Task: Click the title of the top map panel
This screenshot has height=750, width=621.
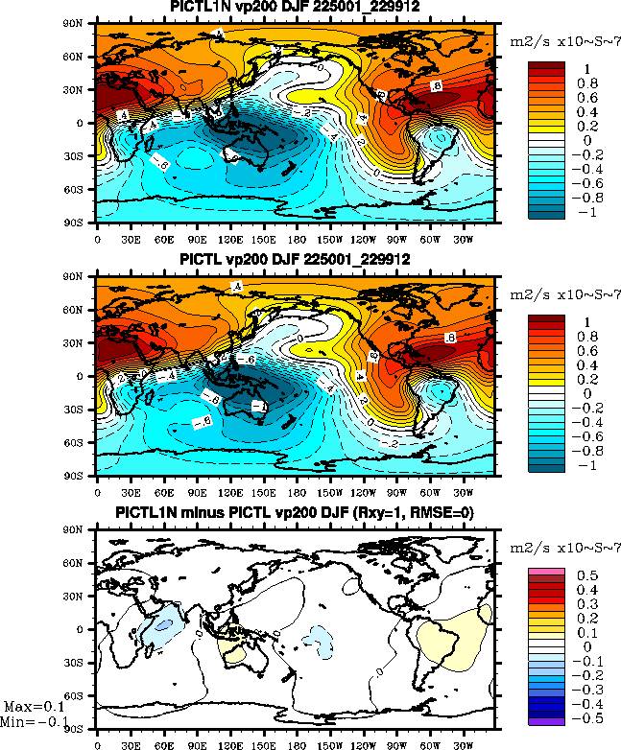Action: click(296, 9)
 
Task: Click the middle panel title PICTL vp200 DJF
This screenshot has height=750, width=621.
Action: click(296, 260)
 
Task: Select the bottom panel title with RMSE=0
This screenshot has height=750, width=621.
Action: click(296, 513)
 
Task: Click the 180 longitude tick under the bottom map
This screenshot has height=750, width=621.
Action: click(297, 742)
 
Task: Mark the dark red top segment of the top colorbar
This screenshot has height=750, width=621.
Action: click(546, 66)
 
